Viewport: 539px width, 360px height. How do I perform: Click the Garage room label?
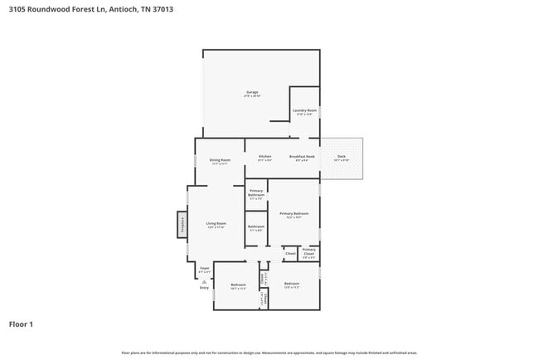coord(252,92)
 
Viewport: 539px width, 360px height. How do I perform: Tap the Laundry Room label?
coord(304,110)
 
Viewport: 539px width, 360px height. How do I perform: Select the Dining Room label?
coord(220,160)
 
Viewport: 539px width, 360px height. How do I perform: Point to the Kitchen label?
coord(265,156)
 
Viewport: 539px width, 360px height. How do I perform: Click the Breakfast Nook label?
coord(302,156)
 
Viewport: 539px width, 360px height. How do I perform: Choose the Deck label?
coord(342,156)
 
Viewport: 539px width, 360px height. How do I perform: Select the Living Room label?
coord(216,224)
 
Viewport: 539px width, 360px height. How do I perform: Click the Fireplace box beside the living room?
coord(181,225)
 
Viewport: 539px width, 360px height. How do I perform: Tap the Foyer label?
coord(204,268)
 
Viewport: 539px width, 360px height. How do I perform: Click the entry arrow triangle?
coord(204,281)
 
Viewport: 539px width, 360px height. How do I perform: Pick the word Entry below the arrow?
coord(204,288)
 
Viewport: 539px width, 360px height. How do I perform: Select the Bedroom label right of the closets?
coord(292,284)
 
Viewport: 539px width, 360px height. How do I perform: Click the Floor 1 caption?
coord(21,324)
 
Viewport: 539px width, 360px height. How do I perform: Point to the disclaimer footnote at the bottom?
coord(269,353)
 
